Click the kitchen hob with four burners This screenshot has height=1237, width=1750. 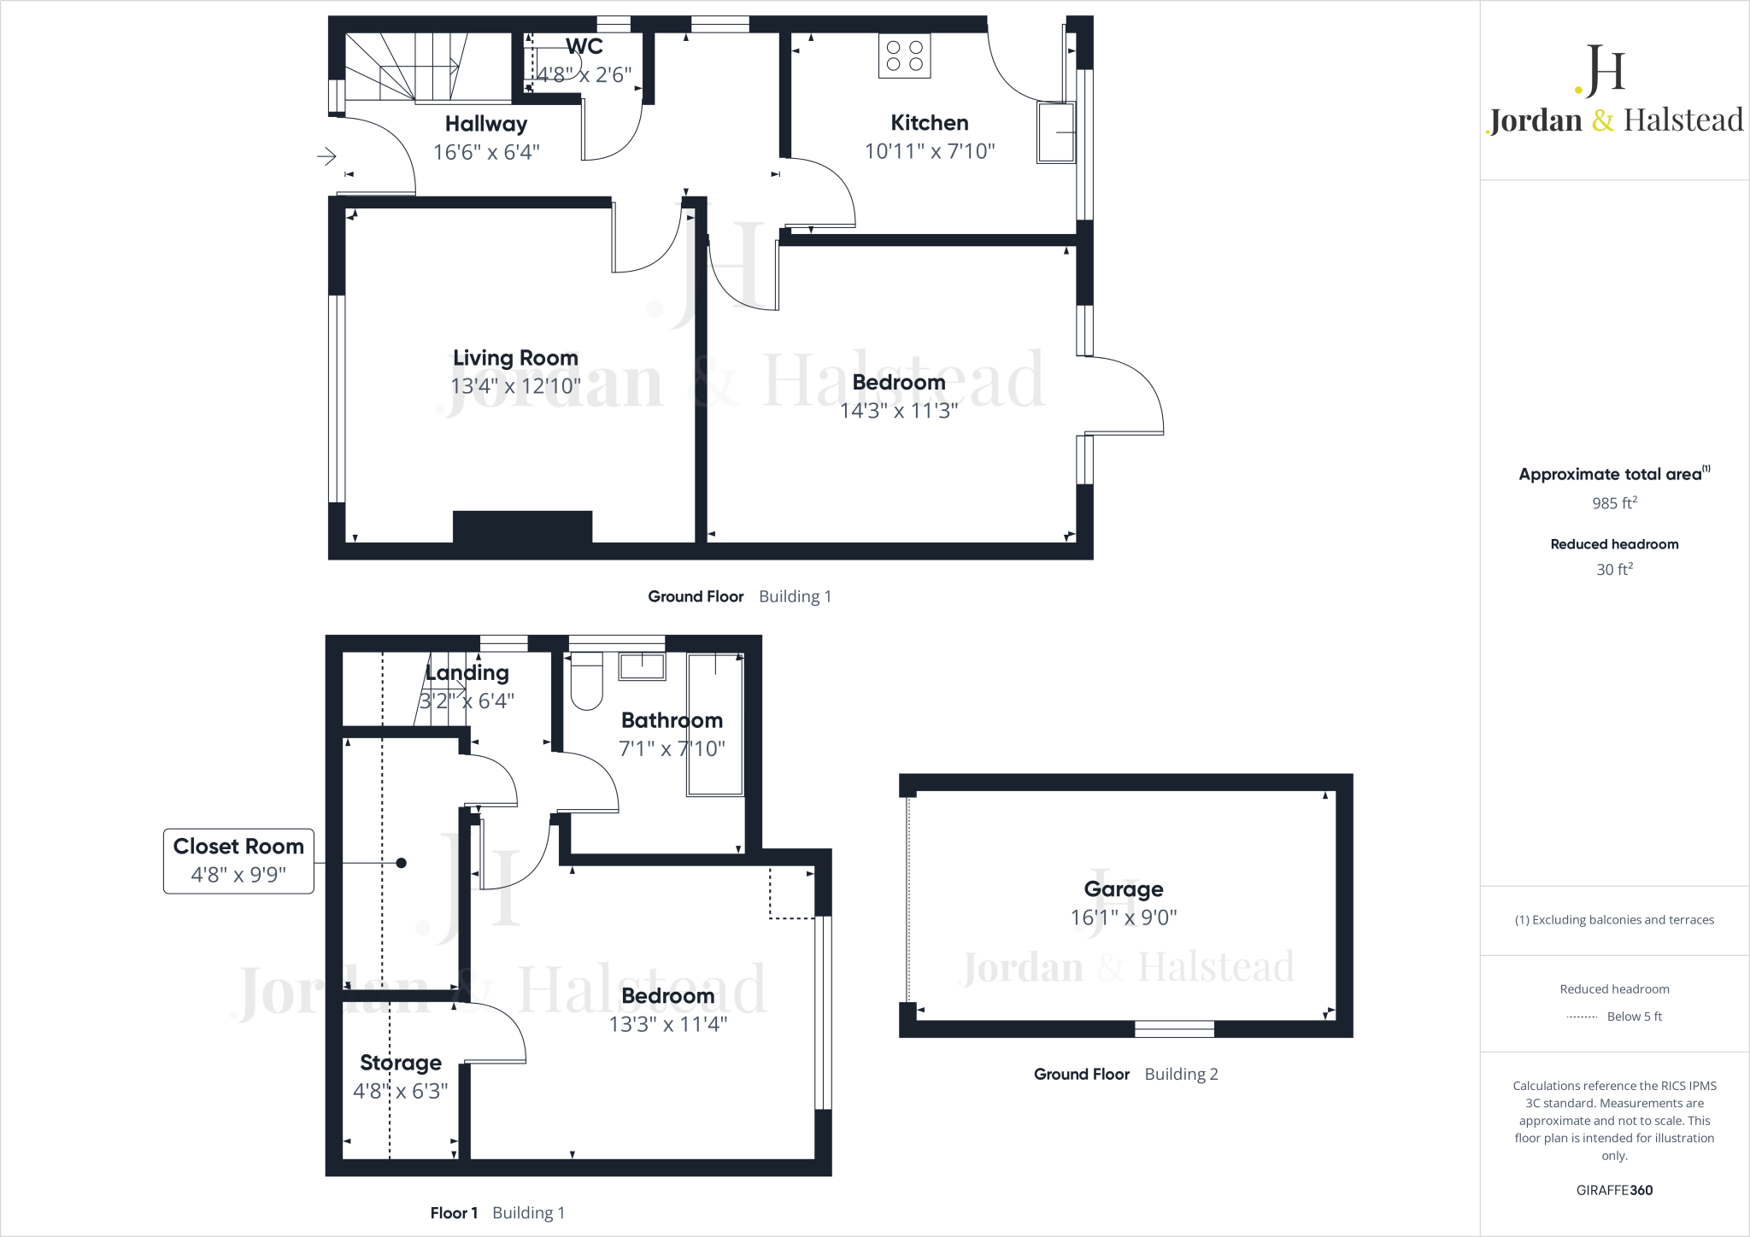click(x=904, y=56)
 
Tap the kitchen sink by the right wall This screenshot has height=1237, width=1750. click(x=1055, y=132)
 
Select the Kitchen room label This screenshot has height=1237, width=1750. click(x=929, y=123)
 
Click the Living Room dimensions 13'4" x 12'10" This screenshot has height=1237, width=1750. click(x=515, y=386)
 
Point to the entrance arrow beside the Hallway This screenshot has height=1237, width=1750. click(x=326, y=156)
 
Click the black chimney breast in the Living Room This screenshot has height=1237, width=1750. click(x=522, y=525)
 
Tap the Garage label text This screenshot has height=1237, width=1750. click(x=1123, y=889)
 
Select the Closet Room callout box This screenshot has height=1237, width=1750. click(x=238, y=861)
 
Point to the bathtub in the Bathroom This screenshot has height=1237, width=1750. click(x=715, y=724)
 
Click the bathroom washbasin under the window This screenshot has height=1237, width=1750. click(x=642, y=665)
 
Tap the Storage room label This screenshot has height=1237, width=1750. click(x=401, y=1063)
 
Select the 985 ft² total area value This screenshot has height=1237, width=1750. click(x=1614, y=503)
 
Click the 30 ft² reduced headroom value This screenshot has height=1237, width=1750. click(x=1614, y=570)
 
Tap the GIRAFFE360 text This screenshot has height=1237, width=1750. click(x=1614, y=1190)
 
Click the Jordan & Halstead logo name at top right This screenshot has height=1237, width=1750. click(x=1614, y=120)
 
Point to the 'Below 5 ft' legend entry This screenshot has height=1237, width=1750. click(x=1634, y=1017)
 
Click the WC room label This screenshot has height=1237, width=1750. click(x=584, y=47)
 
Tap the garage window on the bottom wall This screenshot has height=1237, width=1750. click(x=1174, y=1029)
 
